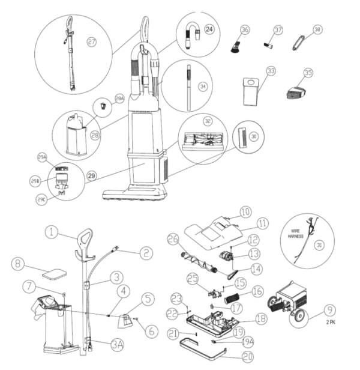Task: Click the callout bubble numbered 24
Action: coord(209,29)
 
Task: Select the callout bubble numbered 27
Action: coord(92,42)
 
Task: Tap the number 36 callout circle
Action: coord(244,29)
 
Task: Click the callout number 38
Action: coord(317,29)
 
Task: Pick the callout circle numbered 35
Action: coord(308,73)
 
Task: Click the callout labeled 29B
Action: coord(35,181)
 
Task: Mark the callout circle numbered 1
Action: coord(52,230)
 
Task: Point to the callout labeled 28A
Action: coord(119,99)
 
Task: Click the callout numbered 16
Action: coord(258,290)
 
